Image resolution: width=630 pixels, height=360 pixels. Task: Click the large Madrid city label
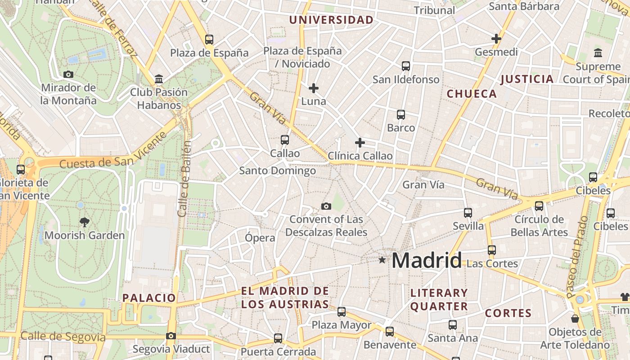point(426,261)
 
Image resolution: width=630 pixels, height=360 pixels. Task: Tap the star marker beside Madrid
point(382,260)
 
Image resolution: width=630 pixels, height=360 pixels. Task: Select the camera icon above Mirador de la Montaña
point(68,74)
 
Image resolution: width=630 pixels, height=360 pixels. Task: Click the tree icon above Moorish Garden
point(84,221)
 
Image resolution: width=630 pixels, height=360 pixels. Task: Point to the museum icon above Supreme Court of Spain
point(598,53)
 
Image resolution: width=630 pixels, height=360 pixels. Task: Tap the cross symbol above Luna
point(314,88)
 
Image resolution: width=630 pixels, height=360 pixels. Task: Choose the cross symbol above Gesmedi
point(496,39)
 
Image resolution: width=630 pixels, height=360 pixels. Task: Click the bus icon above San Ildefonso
point(406,66)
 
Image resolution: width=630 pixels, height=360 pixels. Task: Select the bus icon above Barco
point(401,115)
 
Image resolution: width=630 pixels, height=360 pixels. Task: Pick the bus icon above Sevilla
point(468,213)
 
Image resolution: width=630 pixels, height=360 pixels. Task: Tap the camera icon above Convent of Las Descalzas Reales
point(326,206)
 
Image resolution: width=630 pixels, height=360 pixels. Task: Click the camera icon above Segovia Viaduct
point(171,336)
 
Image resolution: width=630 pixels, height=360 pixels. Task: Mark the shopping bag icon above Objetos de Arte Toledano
point(575,319)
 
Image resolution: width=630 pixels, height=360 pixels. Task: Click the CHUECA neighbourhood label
point(472,94)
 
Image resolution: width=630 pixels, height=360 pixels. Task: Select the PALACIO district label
point(149,298)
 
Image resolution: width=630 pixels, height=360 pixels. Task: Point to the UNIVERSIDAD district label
point(331,20)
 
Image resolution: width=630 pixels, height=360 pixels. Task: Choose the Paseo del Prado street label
point(578,257)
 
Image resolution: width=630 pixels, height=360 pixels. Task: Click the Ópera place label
point(260,238)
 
